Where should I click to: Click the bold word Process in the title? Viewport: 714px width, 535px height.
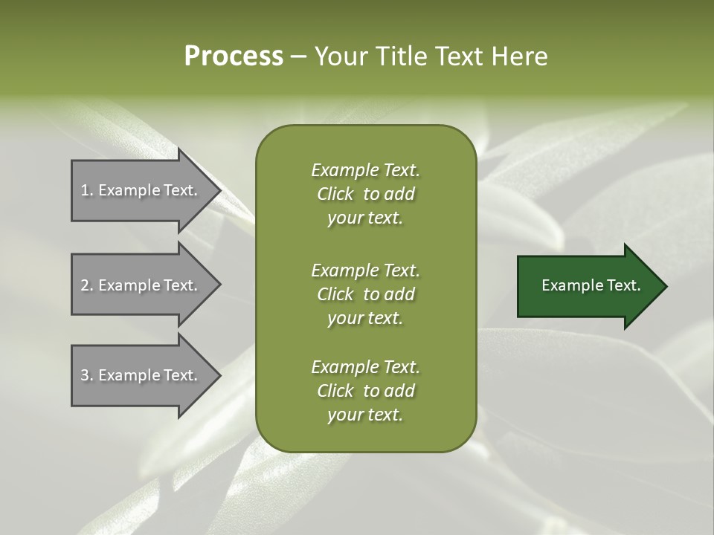coord(234,56)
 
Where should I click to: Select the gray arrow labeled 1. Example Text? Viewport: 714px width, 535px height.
coord(141,190)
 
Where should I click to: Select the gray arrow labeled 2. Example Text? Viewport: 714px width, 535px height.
coord(141,285)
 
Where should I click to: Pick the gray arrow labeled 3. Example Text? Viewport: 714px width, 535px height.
coord(141,375)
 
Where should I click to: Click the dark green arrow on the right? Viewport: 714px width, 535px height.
coord(588,286)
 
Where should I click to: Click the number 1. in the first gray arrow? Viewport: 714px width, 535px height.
coord(87,190)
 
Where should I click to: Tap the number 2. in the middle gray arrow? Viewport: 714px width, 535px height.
coord(87,285)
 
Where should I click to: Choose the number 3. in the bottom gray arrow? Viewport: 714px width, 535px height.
coord(87,375)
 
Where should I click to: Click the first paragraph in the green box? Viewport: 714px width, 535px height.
coord(365,194)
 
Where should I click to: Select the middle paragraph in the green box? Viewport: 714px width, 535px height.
coord(365,294)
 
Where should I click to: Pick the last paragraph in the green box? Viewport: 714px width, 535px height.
coord(365,391)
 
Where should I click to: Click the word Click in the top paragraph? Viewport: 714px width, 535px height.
coord(335,194)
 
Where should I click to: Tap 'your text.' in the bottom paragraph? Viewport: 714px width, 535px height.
coord(365,415)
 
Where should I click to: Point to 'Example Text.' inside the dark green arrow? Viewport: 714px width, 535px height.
coord(591,285)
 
